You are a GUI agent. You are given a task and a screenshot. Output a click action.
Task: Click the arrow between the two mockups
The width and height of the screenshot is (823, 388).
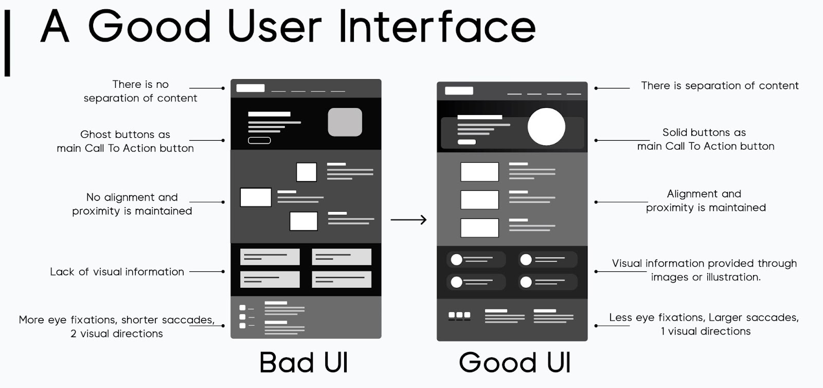coord(408,219)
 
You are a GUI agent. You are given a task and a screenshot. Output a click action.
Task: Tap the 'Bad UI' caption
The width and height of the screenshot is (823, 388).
coord(303,362)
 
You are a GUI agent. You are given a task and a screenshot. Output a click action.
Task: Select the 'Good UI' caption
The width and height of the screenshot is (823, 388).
coord(515,362)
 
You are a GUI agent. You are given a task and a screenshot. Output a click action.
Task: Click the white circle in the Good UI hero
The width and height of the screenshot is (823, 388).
coord(546,126)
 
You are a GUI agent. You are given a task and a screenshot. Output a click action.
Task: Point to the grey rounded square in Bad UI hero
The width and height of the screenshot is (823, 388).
coord(345,122)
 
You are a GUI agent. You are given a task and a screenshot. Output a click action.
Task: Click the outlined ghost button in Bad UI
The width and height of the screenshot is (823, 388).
coord(259,140)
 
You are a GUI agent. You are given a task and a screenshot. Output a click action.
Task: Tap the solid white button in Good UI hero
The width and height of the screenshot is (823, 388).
coord(467,142)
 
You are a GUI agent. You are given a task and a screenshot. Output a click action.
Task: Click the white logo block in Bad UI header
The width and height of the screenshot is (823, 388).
coord(251,88)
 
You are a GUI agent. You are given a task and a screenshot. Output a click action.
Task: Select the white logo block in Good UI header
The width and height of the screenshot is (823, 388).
coord(459,90)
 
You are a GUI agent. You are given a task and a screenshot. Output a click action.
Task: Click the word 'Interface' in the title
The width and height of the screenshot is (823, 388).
coord(437,27)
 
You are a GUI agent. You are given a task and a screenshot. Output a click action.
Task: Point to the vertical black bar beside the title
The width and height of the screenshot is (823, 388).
coord(7,43)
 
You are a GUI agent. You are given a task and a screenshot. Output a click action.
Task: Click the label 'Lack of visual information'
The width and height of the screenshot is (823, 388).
coord(117,272)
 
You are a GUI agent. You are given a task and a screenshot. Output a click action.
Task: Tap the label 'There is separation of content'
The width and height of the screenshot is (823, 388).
coord(720,85)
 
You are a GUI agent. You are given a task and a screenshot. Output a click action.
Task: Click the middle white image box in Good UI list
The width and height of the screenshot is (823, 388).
coord(479,200)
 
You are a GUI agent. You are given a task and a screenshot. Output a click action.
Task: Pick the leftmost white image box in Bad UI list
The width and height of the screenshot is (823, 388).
coord(256,197)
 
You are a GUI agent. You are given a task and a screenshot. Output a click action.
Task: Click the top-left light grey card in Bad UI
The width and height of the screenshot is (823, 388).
coord(270,256)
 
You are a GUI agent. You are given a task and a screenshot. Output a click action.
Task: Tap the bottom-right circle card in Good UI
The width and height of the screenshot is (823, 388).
coord(547,282)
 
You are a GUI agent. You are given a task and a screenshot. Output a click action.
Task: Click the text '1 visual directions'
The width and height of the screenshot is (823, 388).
coord(705,331)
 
